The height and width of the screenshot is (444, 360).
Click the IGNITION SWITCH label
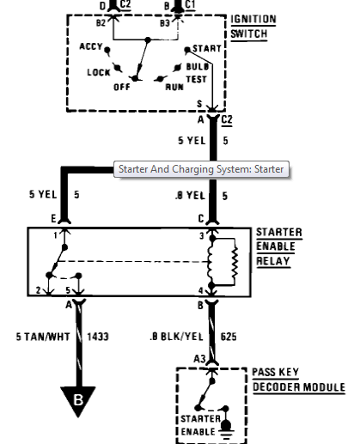click(x=253, y=27)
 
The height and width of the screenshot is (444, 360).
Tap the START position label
click(x=207, y=48)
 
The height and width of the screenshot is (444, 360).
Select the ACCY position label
click(x=91, y=46)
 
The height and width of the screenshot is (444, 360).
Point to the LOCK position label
click(x=99, y=72)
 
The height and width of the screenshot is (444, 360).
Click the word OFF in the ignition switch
click(x=122, y=87)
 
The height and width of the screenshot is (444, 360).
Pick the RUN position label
click(x=174, y=87)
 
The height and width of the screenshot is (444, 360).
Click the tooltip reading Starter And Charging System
click(x=201, y=169)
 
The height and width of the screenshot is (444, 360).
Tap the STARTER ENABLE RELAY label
click(x=278, y=246)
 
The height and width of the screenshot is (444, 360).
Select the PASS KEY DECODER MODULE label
click(x=299, y=380)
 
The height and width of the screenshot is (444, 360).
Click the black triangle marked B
click(x=78, y=399)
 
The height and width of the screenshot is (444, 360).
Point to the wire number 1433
click(x=98, y=337)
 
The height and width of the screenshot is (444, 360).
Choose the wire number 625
click(x=229, y=337)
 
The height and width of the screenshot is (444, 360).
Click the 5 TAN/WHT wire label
click(x=43, y=337)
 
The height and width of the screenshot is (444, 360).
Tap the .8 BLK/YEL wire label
click(x=177, y=337)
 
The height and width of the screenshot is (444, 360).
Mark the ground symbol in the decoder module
click(x=227, y=429)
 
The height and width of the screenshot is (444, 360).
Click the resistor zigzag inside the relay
click(x=235, y=262)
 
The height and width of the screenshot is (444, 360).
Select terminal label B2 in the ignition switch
click(x=101, y=23)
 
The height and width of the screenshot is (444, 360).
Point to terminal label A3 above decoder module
click(x=199, y=358)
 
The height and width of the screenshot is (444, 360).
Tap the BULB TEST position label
click(x=197, y=73)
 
